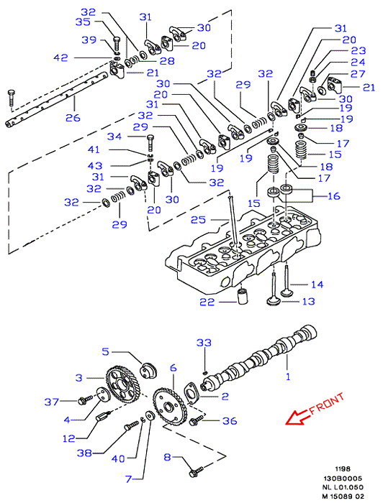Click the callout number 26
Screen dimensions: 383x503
tap(73, 118)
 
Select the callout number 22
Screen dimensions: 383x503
tap(207, 303)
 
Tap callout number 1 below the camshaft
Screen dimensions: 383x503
tap(288, 377)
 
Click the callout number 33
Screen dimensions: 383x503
tap(204, 343)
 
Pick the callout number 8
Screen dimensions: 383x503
tap(167, 457)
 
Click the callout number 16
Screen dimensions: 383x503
tap(334, 196)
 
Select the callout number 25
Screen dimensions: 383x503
tap(198, 220)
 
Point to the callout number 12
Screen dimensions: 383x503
tap(68, 438)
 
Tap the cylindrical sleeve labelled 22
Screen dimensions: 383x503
tap(242, 296)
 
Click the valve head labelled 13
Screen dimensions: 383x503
tap(274, 301)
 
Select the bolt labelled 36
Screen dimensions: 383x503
tap(197, 421)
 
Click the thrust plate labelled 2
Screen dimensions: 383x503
tap(191, 392)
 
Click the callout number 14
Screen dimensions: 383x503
tap(317, 285)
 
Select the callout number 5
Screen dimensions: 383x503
tap(106, 351)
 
